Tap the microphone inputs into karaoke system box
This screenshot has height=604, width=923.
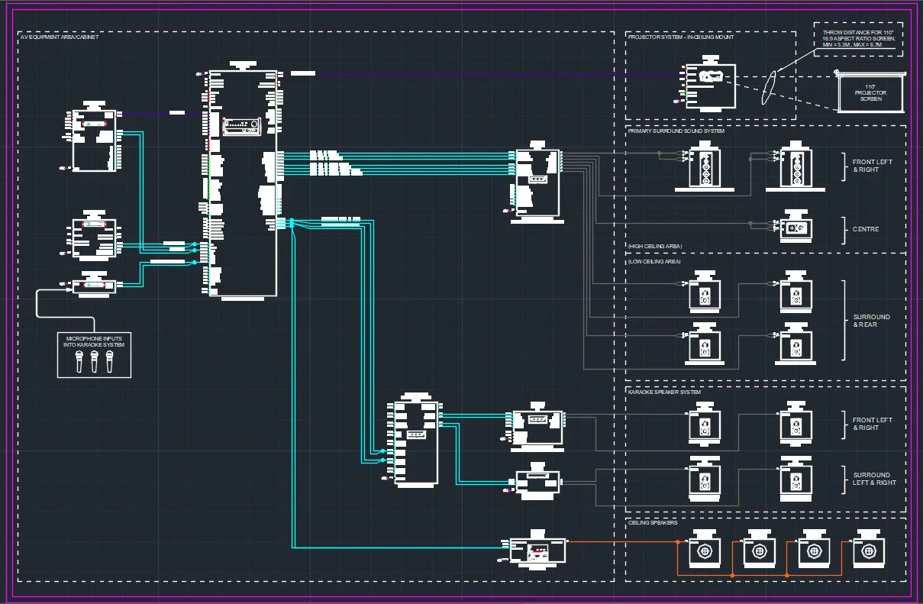[95, 354]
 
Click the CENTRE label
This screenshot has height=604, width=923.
[866, 229]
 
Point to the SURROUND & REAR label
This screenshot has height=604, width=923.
[871, 321]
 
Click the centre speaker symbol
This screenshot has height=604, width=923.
[796, 228]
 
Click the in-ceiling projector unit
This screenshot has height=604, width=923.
[710, 86]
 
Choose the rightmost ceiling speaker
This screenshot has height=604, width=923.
[868, 551]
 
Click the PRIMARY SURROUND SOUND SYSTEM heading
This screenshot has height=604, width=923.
[676, 131]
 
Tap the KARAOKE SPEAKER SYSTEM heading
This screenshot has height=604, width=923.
[663, 392]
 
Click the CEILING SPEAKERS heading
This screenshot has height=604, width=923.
[652, 523]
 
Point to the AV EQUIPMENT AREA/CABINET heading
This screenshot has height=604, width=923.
[59, 37]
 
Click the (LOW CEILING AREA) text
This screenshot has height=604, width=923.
[654, 261]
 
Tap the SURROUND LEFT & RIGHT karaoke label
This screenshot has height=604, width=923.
[874, 479]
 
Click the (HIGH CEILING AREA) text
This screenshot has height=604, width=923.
[654, 246]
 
